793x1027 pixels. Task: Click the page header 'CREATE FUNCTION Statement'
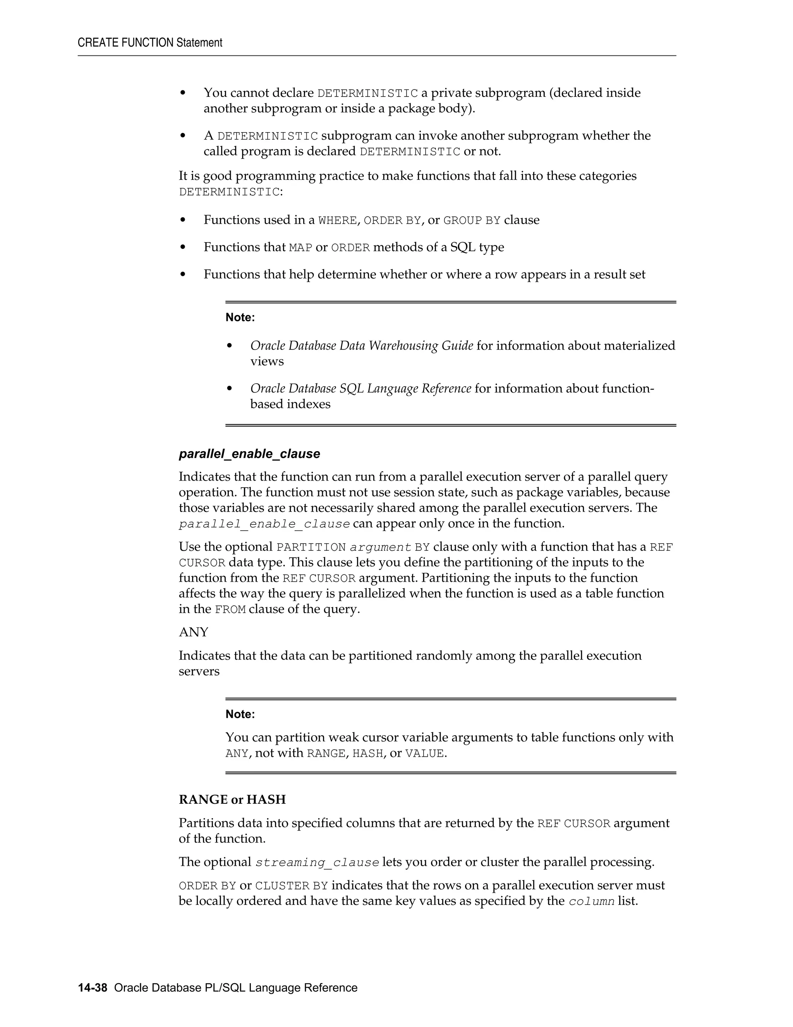tap(150, 43)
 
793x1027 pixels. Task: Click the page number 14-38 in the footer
tap(93, 987)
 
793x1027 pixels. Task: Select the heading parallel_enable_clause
tap(249, 454)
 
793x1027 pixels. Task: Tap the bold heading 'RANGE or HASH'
tap(232, 800)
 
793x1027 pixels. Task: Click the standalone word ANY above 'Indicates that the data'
tap(193, 632)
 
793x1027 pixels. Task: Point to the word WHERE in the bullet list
tap(337, 221)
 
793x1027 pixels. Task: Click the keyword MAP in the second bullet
tap(300, 248)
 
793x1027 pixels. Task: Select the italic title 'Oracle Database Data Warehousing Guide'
tap(361, 346)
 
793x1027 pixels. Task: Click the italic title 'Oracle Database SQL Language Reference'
tap(360, 388)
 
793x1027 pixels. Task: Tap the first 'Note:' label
tap(240, 317)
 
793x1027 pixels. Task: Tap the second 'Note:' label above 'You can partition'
tap(240, 714)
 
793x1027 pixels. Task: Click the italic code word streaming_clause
tap(317, 862)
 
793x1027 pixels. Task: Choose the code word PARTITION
tap(311, 547)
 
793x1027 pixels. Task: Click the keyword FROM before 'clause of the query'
tap(230, 610)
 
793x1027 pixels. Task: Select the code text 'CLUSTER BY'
tap(291, 886)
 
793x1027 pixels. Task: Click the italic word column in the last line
tap(592, 901)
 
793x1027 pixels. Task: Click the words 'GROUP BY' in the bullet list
tap(472, 221)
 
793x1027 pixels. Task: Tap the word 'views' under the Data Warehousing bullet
tap(267, 361)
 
